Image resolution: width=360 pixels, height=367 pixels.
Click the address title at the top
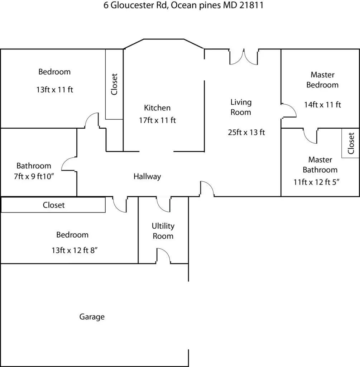183,5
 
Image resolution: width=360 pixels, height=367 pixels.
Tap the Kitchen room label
157,108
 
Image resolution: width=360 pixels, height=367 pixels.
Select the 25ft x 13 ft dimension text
246,132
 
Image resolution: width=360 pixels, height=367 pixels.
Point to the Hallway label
147,176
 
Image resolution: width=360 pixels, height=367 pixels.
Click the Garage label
92,317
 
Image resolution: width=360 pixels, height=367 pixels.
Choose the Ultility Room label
163,231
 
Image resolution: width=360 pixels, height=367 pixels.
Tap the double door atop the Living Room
244,57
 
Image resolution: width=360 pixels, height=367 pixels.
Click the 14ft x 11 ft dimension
322,105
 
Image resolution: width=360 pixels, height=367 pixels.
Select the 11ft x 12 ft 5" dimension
316,182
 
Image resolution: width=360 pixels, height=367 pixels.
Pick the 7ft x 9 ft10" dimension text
34,176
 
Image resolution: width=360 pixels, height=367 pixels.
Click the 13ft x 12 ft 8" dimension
75,250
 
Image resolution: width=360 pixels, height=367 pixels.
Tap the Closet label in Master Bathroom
351,143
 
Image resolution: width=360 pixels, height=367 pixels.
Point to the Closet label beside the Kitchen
114,84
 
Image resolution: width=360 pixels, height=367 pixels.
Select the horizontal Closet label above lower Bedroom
54,205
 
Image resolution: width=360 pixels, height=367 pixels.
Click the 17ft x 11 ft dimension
157,120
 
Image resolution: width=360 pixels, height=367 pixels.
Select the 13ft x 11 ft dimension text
54,90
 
